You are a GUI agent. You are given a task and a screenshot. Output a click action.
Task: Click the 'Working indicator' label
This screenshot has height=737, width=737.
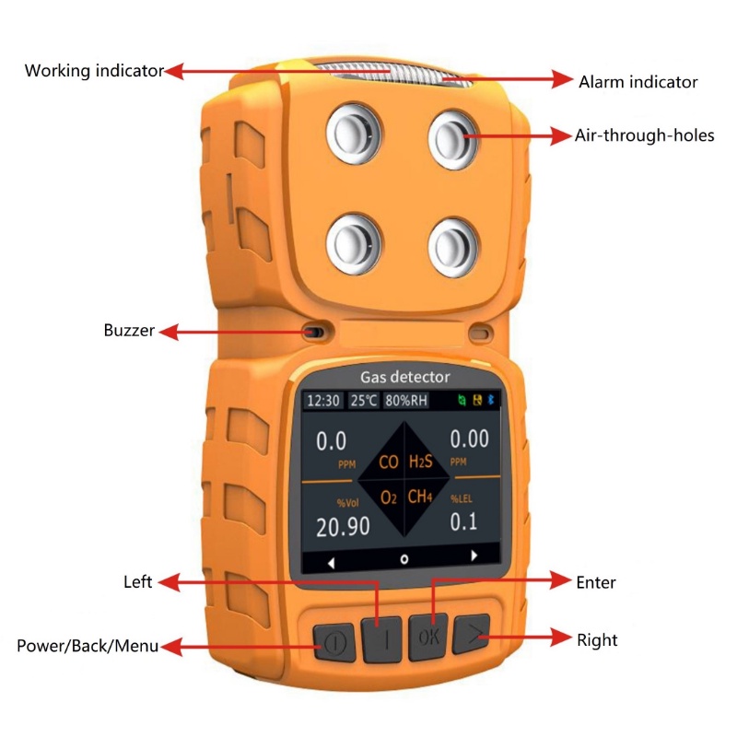(94, 71)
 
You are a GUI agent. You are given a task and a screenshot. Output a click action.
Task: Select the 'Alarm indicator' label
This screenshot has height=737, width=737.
(638, 82)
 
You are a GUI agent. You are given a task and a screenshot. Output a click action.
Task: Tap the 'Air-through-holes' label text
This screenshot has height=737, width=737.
(644, 135)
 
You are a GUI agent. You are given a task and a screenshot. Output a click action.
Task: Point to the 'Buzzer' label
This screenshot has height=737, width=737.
(129, 330)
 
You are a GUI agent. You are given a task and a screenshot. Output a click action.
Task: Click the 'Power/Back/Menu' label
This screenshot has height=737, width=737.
(88, 646)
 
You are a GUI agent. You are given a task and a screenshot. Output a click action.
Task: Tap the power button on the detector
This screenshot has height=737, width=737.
(333, 642)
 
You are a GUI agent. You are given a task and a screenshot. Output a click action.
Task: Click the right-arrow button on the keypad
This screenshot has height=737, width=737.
(472, 634)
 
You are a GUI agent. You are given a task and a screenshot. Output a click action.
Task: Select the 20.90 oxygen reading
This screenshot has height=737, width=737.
(343, 526)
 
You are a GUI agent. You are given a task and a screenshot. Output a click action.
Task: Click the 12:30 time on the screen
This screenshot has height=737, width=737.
(323, 401)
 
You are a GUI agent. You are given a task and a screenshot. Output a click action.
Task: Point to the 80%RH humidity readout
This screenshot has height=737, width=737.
(406, 401)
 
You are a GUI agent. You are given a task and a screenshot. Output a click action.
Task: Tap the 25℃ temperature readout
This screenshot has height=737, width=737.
(363, 401)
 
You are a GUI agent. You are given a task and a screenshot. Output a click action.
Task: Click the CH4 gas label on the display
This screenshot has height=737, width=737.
(420, 497)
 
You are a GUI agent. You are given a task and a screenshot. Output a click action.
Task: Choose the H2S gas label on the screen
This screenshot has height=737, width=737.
(421, 462)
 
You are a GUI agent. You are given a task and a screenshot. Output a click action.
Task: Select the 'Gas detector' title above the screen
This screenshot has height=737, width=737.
(404, 377)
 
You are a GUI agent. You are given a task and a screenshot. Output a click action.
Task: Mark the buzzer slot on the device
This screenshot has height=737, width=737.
(314, 332)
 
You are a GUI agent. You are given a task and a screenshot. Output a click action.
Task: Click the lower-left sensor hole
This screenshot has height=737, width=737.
(354, 244)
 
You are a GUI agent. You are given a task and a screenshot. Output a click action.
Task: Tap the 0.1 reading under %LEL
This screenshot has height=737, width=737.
(463, 521)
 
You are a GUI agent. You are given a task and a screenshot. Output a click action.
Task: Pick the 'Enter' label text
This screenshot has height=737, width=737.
(595, 582)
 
